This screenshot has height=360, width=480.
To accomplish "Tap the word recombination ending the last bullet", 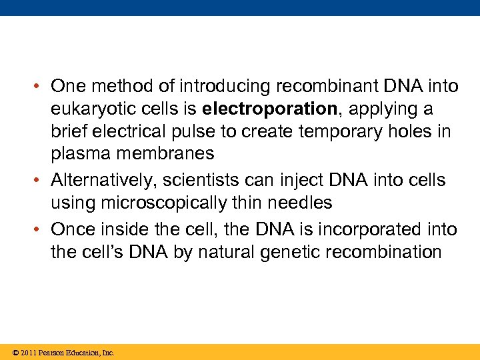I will pos(377,252).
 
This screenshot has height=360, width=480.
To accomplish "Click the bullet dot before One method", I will pos(41,87).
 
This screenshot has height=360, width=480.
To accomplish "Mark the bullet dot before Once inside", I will pos(41,230).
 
